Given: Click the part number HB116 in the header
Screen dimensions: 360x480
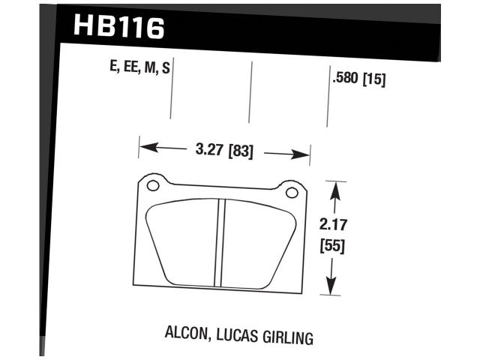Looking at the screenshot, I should pos(118,28).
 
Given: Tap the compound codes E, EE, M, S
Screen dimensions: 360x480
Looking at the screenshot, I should pos(139,69).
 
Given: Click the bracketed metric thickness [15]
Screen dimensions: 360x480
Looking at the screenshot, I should pos(373,78).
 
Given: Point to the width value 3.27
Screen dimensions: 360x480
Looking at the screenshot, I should pos(209,150).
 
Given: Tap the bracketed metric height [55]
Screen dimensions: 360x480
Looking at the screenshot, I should pos(332,245).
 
